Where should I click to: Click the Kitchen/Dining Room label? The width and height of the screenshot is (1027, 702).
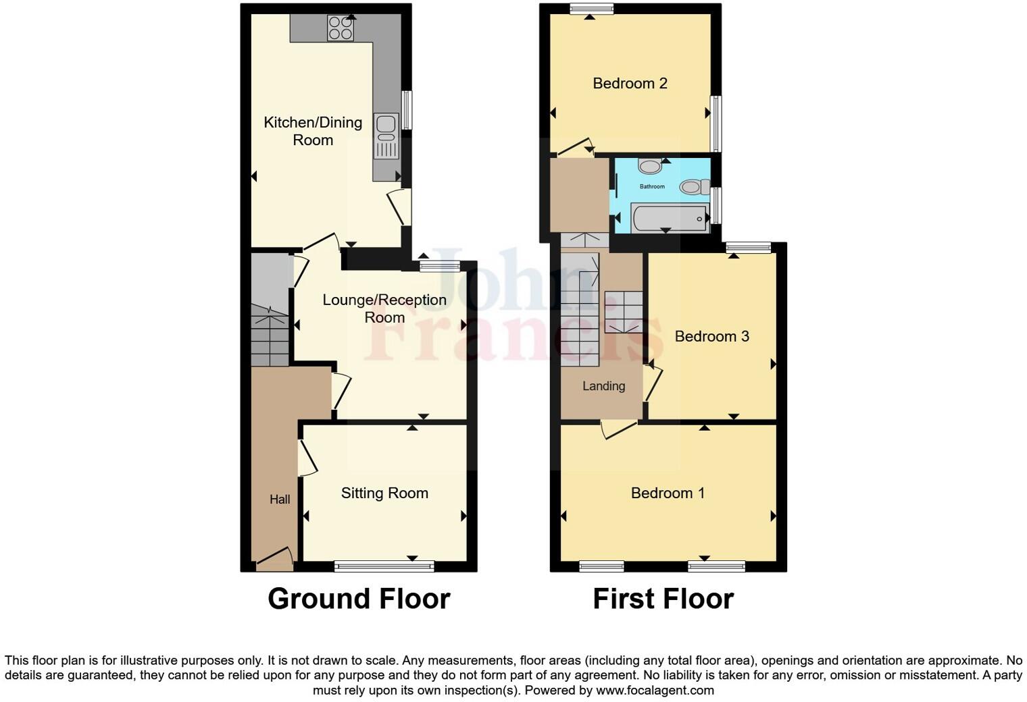(313, 131)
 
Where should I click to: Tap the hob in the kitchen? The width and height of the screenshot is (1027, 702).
(341, 28)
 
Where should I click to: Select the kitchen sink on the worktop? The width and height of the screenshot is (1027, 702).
(386, 125)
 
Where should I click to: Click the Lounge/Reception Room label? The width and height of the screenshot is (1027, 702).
(384, 308)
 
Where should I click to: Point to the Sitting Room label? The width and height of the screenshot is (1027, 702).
(384, 493)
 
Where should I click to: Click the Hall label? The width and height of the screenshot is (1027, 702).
(280, 500)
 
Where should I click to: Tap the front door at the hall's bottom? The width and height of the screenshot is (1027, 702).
(274, 559)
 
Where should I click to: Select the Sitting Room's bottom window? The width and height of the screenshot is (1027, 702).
(384, 566)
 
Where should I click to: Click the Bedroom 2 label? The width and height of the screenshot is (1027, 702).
(630, 84)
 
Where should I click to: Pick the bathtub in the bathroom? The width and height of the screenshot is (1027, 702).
(668, 217)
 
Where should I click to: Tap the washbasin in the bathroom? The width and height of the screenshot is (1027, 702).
(650, 166)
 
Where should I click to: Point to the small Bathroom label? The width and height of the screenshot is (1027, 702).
(652, 186)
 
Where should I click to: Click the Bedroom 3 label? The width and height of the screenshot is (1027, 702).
(711, 336)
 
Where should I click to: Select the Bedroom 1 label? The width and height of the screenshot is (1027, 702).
(668, 493)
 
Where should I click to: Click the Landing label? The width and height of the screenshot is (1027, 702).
(603, 386)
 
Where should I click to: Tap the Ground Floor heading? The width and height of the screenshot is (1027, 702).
(359, 599)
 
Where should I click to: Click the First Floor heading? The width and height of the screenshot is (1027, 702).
(663, 599)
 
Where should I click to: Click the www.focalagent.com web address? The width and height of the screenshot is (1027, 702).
(655, 691)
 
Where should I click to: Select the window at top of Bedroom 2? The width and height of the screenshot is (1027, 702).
(591, 9)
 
